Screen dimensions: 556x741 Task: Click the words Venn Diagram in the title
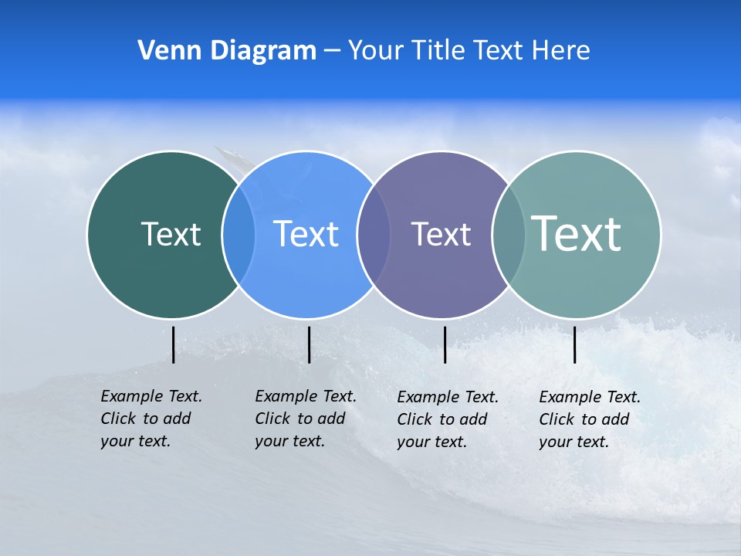[x=227, y=51]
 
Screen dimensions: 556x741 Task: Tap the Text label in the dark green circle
[x=171, y=234]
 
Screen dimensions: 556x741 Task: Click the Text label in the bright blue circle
[x=306, y=234]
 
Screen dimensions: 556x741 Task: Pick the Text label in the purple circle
[x=441, y=234]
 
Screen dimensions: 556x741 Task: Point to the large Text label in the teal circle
[x=576, y=233]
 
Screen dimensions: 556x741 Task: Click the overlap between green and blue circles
[x=239, y=235]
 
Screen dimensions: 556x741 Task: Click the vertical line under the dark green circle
[x=173, y=344]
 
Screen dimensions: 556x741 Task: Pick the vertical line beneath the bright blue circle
[x=309, y=344]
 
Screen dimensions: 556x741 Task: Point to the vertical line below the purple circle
[x=445, y=344]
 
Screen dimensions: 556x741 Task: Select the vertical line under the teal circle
[x=574, y=344]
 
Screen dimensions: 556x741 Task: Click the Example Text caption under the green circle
[x=151, y=419]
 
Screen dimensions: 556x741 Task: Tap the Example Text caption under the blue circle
[x=306, y=419]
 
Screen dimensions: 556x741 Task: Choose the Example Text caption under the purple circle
[x=448, y=419]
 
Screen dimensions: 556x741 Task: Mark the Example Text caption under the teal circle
[x=590, y=419]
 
